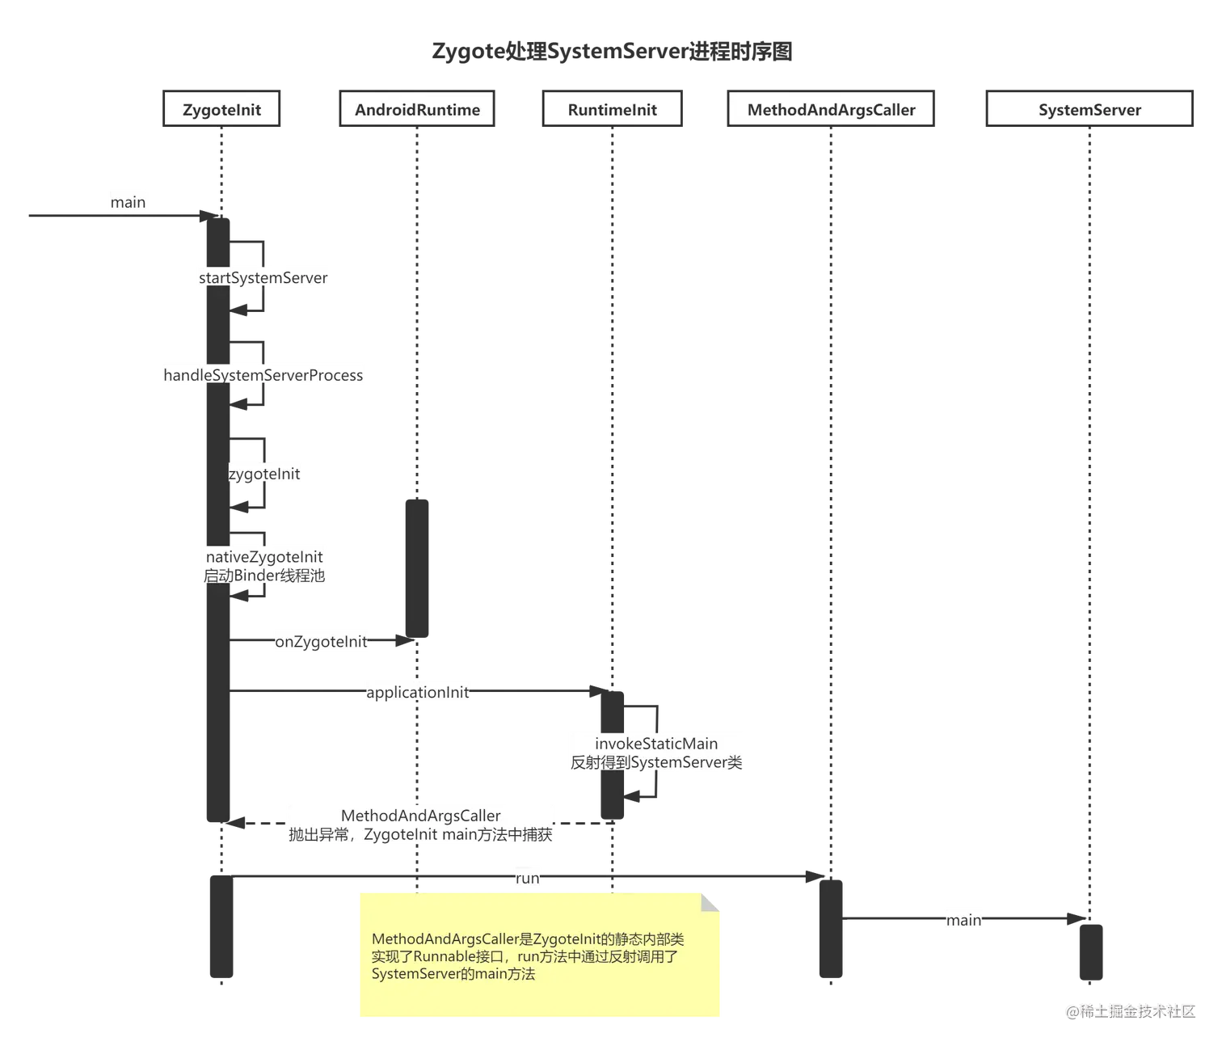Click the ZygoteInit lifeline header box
(x=221, y=110)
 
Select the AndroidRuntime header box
(x=417, y=110)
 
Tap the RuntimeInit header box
(x=612, y=110)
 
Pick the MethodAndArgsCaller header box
(x=831, y=110)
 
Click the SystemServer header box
(x=1089, y=110)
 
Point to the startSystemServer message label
(x=263, y=278)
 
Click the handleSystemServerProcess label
(x=263, y=375)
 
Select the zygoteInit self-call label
(x=264, y=474)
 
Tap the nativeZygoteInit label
(x=264, y=557)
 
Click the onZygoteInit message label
(x=322, y=642)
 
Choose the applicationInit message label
(x=418, y=693)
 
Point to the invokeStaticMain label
(x=656, y=744)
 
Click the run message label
(x=527, y=878)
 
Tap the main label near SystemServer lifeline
(x=964, y=920)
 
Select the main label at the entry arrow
(x=128, y=201)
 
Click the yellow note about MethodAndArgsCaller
(x=539, y=955)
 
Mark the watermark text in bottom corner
(x=1130, y=1010)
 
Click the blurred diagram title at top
(x=611, y=52)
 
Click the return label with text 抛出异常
(x=420, y=834)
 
